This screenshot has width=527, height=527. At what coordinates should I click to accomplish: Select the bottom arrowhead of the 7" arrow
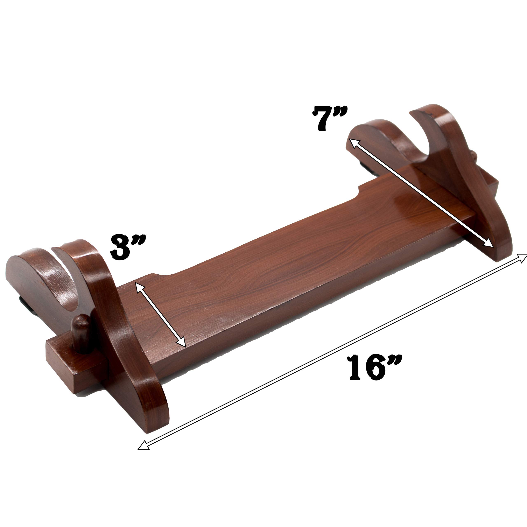[489, 243]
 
